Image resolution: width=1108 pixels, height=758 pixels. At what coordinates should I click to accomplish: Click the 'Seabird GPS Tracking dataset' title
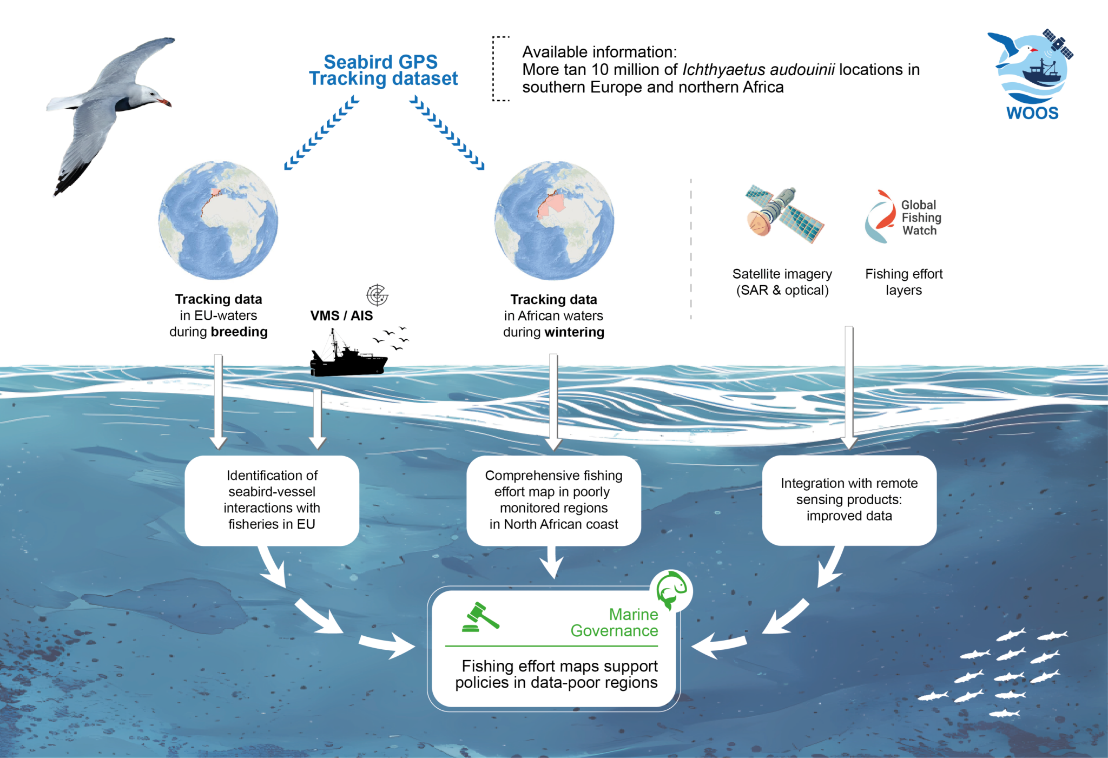pyautogui.click(x=383, y=70)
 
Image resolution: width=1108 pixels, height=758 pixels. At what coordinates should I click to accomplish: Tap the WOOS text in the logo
pyautogui.click(x=1032, y=113)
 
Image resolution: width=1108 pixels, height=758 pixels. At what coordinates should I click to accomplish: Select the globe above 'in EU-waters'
pyautogui.click(x=218, y=220)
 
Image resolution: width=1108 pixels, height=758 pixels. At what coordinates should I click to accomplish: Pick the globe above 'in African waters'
pyautogui.click(x=554, y=220)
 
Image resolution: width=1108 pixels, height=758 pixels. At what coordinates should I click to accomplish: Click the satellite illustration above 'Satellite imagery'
pyautogui.click(x=784, y=214)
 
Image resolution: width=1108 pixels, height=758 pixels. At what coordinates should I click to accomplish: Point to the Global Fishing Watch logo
pyautogui.click(x=902, y=217)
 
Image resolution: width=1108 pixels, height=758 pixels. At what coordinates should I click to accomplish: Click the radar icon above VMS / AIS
pyautogui.click(x=377, y=295)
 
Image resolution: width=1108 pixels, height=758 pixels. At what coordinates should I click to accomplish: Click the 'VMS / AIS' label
pyautogui.click(x=341, y=316)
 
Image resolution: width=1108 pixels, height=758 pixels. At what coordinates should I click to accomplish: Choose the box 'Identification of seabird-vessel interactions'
pyautogui.click(x=272, y=500)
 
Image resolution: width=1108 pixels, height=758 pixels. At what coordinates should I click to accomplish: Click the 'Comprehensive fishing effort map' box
pyautogui.click(x=553, y=500)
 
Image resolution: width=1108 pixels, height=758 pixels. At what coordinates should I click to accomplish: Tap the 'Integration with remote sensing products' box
pyautogui.click(x=849, y=500)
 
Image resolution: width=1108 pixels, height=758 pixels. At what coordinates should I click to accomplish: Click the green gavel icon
pyautogui.click(x=480, y=617)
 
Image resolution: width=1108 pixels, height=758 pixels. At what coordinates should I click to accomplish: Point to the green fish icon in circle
pyautogui.click(x=671, y=590)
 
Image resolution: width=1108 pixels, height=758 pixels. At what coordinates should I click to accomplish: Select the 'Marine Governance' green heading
pyautogui.click(x=615, y=623)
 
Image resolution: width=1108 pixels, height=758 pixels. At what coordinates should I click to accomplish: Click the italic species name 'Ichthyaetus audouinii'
pyautogui.click(x=759, y=70)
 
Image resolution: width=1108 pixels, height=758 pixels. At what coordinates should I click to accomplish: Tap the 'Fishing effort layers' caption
pyautogui.click(x=903, y=282)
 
